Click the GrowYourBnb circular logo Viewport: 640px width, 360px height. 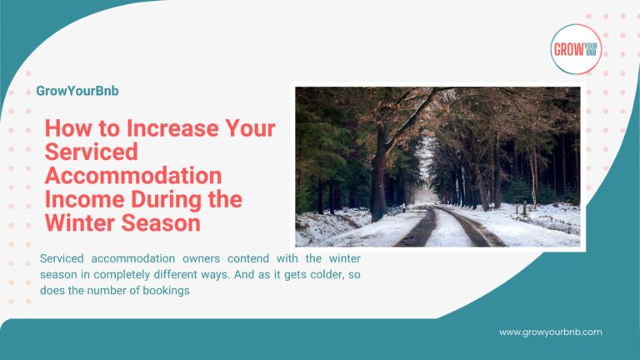click(x=576, y=48)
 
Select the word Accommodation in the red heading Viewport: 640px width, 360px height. click(x=133, y=176)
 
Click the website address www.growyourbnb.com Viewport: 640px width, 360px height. click(x=550, y=332)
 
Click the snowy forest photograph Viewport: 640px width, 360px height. click(x=437, y=167)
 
